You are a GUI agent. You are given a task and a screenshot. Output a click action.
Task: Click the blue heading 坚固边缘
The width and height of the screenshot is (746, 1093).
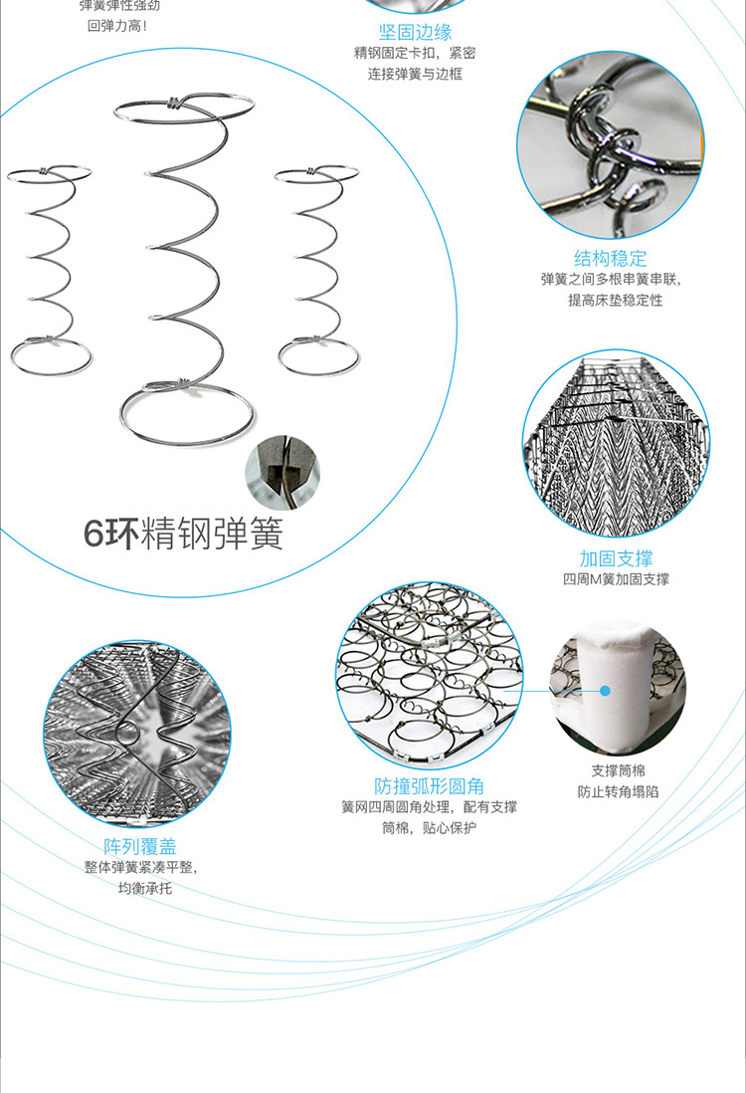tap(415, 33)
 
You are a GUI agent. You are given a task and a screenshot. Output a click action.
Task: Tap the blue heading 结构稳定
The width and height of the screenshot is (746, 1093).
tap(610, 259)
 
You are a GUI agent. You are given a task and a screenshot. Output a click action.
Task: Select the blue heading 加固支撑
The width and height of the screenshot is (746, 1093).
tap(616, 558)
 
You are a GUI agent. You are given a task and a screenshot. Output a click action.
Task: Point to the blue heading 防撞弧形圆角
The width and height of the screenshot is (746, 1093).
tap(430, 786)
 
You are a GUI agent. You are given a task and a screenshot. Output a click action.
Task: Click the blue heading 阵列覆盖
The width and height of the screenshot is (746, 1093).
tap(140, 846)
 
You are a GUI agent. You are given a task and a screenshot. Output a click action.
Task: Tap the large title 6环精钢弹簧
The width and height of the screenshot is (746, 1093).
tap(183, 534)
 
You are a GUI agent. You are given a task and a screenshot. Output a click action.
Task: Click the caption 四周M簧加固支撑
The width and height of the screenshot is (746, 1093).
tap(616, 579)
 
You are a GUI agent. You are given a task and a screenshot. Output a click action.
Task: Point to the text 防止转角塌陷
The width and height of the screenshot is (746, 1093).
tap(618, 792)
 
